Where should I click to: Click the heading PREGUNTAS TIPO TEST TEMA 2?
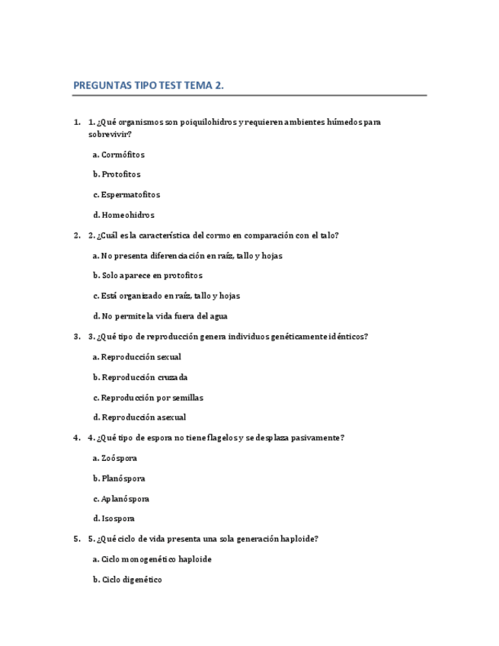(149, 85)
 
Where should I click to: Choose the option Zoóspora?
(115, 459)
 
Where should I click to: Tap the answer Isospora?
(114, 519)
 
